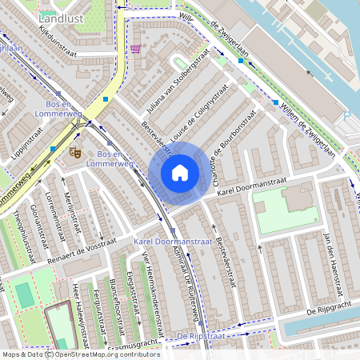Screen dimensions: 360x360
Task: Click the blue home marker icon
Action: (x=180, y=173)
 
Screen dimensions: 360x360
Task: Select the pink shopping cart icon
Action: (x=136, y=49)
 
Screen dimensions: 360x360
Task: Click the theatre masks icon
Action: (x=75, y=150)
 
